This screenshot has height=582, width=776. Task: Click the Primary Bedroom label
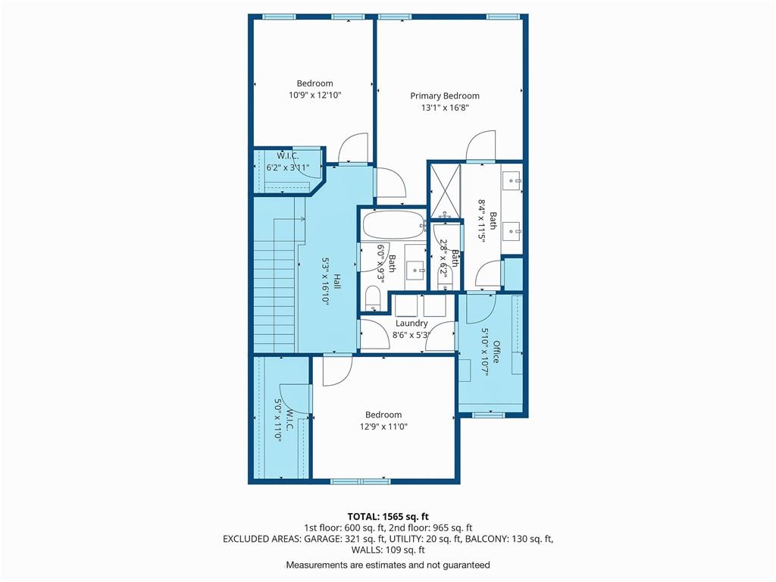(x=444, y=96)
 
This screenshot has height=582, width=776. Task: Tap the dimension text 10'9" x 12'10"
(x=314, y=95)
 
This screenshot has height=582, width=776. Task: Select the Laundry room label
(x=411, y=323)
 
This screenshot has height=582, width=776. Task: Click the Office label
(x=496, y=352)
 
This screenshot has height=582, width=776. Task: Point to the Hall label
(x=336, y=282)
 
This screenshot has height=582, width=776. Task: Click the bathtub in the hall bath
(x=394, y=226)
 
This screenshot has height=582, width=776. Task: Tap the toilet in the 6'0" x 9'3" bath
(x=372, y=299)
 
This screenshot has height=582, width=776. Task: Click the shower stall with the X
(x=445, y=190)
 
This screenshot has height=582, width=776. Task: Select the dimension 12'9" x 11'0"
(x=383, y=427)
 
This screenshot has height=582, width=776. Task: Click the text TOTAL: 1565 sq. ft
(x=388, y=517)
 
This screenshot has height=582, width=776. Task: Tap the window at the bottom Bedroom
(x=360, y=481)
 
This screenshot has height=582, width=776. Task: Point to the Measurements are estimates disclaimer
(x=388, y=565)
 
